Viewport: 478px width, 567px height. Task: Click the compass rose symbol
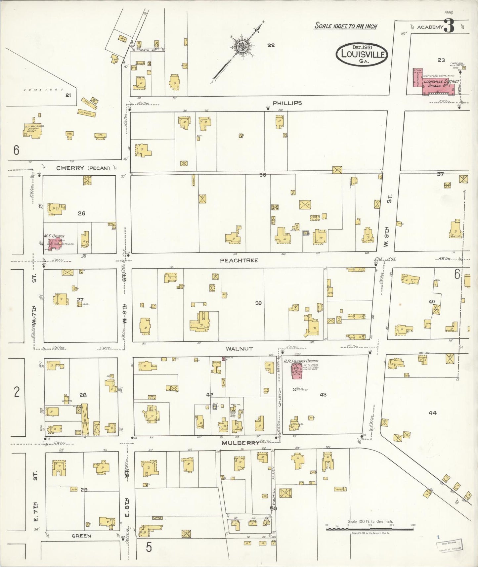pyautogui.click(x=242, y=46)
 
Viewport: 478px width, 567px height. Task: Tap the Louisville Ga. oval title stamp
pyautogui.click(x=362, y=53)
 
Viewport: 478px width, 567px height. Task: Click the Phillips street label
pyautogui.click(x=287, y=103)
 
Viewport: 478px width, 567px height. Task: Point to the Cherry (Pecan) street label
pyautogui.click(x=83, y=168)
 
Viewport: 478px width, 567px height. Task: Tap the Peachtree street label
pyautogui.click(x=239, y=260)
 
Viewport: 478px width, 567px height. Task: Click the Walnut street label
pyautogui.click(x=239, y=349)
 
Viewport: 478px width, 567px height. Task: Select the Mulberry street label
pyautogui.click(x=240, y=443)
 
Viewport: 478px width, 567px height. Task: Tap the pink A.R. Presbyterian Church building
pyautogui.click(x=296, y=371)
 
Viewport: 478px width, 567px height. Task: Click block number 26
pyautogui.click(x=81, y=213)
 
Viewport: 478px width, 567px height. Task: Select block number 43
pyautogui.click(x=323, y=394)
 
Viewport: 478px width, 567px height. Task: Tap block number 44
pyautogui.click(x=433, y=413)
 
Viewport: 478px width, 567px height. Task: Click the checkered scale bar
pyautogui.click(x=369, y=529)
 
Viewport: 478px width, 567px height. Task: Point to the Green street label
pyautogui.click(x=81, y=536)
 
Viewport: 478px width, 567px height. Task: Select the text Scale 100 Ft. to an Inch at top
pyautogui.click(x=345, y=26)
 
